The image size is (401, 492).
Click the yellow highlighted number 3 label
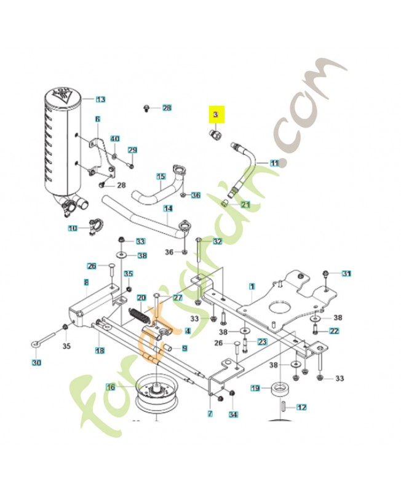tap(216, 115)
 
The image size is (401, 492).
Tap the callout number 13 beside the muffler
tap(101, 99)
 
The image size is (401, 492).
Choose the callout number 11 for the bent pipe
tap(274, 163)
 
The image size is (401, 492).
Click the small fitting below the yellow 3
tap(215, 135)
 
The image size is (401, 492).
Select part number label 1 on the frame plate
tap(252, 286)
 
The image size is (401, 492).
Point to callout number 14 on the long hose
tap(167, 209)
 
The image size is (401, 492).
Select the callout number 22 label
tap(335, 331)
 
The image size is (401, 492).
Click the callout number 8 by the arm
tap(86, 282)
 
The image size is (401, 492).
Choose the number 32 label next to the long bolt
tap(217, 241)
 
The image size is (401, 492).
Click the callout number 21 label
tap(245, 205)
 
